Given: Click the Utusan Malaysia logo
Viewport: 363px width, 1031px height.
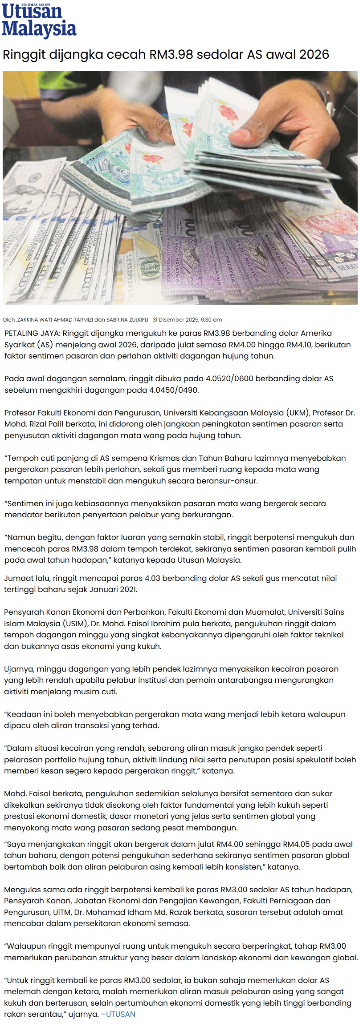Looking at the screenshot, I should tap(39, 20).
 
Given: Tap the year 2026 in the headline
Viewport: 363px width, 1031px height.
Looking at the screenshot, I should tap(314, 55).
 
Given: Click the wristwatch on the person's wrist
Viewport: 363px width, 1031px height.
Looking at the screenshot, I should tap(329, 98).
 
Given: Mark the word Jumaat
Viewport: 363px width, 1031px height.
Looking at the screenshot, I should tap(18, 578).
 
